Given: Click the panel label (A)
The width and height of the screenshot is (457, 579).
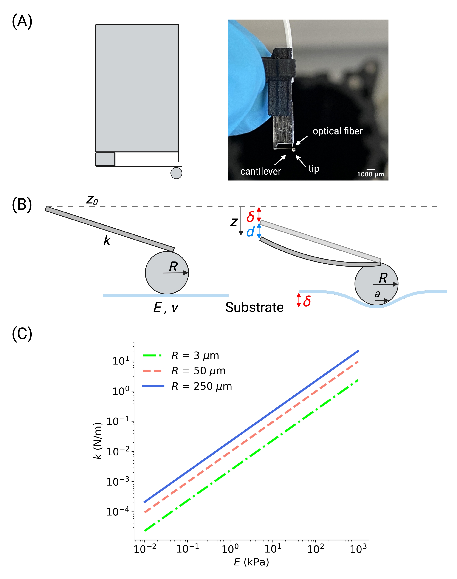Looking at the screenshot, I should pos(22,21).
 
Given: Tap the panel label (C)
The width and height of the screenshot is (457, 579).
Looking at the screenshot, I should pos(22,334).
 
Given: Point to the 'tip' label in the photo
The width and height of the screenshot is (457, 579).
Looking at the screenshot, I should pos(314,169).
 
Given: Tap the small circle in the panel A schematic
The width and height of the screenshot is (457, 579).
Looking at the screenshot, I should pos(176,173).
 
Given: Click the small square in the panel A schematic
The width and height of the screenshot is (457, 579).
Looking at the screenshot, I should pos(105,159).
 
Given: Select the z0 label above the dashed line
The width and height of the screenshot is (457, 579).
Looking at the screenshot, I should pos(92,200).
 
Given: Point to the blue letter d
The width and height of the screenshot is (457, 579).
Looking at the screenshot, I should pos(250,232).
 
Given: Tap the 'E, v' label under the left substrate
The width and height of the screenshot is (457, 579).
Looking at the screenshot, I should pos(166,308).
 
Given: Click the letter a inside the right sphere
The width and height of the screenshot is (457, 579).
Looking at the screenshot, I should pos(377,294).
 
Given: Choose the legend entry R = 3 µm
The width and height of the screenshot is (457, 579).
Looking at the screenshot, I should pos(195,356).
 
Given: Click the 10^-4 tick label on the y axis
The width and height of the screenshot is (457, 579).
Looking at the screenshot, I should pos(118,512).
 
